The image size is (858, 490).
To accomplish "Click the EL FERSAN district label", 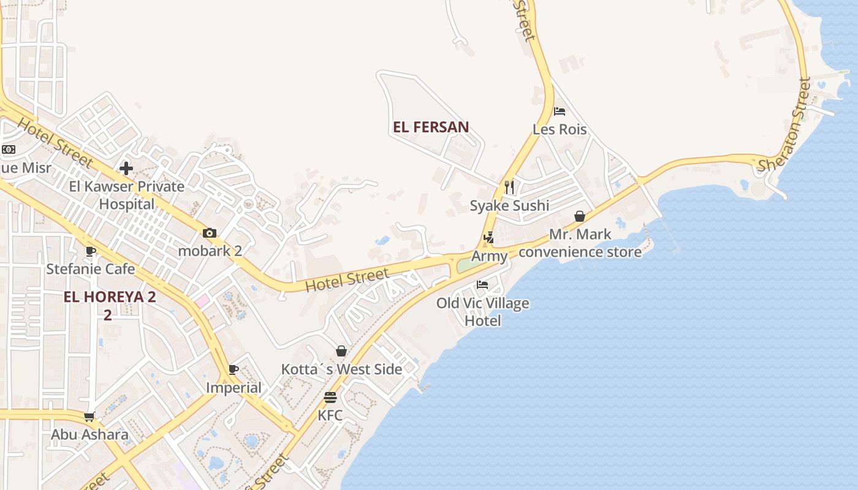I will tap(431, 127).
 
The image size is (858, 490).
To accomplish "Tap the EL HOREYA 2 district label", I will tap(110, 298).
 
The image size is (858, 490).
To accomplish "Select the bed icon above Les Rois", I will tap(559, 111).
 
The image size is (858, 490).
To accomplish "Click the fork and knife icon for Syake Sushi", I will tap(509, 187).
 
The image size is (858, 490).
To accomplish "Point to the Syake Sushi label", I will tap(509, 206).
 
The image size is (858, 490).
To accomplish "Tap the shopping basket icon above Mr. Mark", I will tap(579, 216).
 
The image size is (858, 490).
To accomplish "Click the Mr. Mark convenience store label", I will tap(580, 243).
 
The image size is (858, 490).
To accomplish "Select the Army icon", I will tap(488, 238).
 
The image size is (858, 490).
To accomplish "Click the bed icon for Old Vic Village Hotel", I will tap(482, 285).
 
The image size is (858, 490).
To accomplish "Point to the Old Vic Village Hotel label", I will tap(482, 312).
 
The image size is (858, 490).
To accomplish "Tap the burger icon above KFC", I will tap(330, 397).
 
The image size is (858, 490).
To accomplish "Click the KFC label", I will tap(330, 415).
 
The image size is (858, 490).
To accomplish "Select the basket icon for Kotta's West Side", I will tap(341, 351).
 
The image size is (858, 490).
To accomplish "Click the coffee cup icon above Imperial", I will tap(233, 369).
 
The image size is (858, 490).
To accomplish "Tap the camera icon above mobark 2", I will tap(210, 233).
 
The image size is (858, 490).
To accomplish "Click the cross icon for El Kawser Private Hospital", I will tap(126, 168).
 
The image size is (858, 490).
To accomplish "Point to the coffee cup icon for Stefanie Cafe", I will tap(91, 251).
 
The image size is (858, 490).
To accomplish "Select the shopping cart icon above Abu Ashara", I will tap(89, 417).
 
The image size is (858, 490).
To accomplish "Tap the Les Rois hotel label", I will tap(560, 130).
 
